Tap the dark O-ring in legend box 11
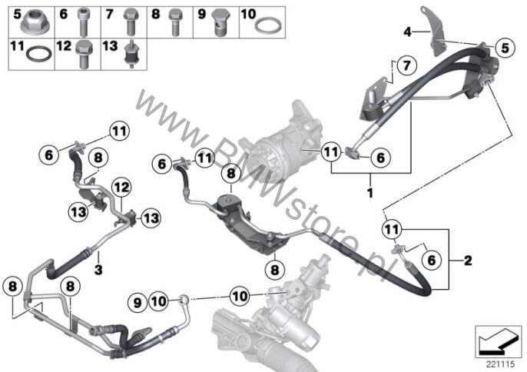coord(39,54)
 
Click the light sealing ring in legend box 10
coord(267,26)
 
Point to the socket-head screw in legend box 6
coord(82,22)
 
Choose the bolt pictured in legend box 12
coord(82,54)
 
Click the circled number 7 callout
coord(406,65)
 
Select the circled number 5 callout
coord(505,48)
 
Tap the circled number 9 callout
coord(138,303)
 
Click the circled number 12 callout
coord(121,187)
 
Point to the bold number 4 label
coord(407,32)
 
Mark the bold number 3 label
coord(98,270)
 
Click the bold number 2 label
coord(468,261)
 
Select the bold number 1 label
coord(370,194)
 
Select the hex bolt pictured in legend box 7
coord(131,22)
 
